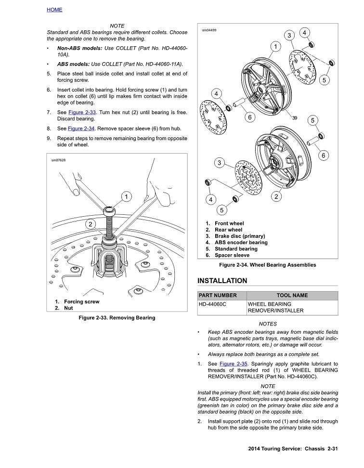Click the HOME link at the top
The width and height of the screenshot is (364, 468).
[54, 10]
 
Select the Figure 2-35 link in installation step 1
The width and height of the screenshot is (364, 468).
[234, 364]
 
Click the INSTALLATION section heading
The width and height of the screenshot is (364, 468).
[222, 281]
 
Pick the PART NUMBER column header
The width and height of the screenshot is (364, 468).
[218, 296]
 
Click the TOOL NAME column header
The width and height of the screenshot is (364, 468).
[292, 296]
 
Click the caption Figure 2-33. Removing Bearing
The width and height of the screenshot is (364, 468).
[117, 318]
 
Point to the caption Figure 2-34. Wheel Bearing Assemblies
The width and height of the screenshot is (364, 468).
[267, 265]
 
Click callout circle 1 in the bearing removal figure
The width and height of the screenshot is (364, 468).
[126, 196]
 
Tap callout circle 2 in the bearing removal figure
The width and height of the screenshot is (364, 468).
[90, 224]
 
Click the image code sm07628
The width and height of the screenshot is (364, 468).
[58, 160]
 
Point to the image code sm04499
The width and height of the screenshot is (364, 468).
[209, 30]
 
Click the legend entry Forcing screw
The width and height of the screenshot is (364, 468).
[81, 302]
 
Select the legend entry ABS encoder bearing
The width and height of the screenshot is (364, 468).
[241, 243]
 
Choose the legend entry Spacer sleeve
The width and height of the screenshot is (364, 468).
[232, 255]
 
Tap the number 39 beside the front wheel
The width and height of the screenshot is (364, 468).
[295, 118]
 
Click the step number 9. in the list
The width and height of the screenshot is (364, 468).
[49, 138]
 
